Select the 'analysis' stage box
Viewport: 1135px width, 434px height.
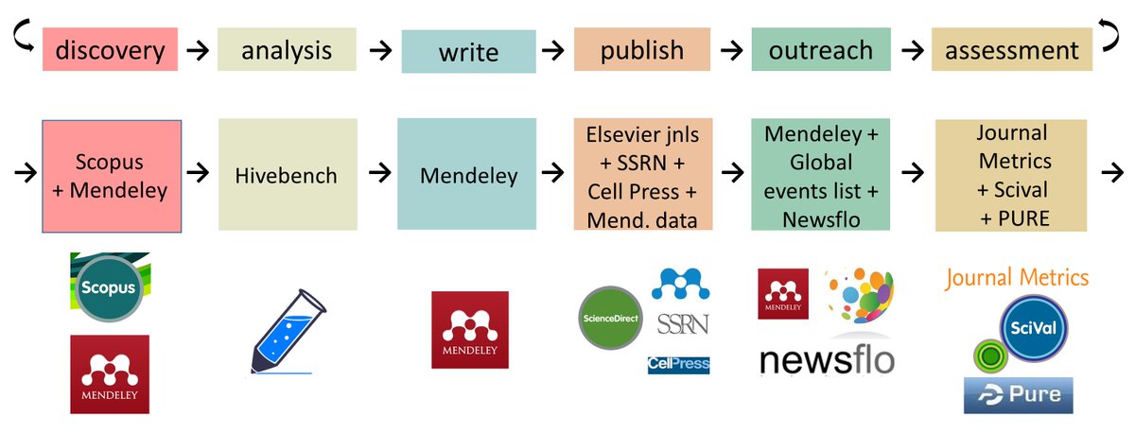tap(287, 49)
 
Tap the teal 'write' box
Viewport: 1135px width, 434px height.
tap(468, 52)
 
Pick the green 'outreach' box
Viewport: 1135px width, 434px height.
tap(820, 49)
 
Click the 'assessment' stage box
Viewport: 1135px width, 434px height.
tap(1011, 49)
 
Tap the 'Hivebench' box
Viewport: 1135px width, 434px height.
tap(287, 176)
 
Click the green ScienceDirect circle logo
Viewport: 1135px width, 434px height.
tap(611, 318)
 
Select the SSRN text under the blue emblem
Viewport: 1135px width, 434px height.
tap(682, 324)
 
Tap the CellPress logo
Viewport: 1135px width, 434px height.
tap(678, 364)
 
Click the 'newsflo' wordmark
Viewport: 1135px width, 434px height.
tap(826, 359)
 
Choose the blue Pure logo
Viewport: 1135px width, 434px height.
tap(1018, 394)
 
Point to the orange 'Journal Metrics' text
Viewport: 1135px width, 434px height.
tap(1017, 278)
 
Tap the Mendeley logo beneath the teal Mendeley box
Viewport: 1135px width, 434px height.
tap(469, 330)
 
